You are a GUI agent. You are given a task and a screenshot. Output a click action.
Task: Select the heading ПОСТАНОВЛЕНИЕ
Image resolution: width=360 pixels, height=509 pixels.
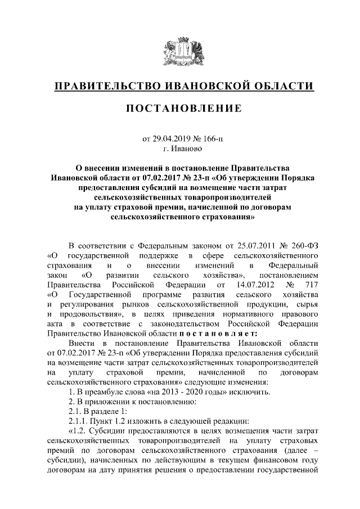point(179,108)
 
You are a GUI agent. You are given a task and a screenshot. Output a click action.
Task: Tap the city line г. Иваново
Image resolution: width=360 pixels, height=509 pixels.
point(179,149)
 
